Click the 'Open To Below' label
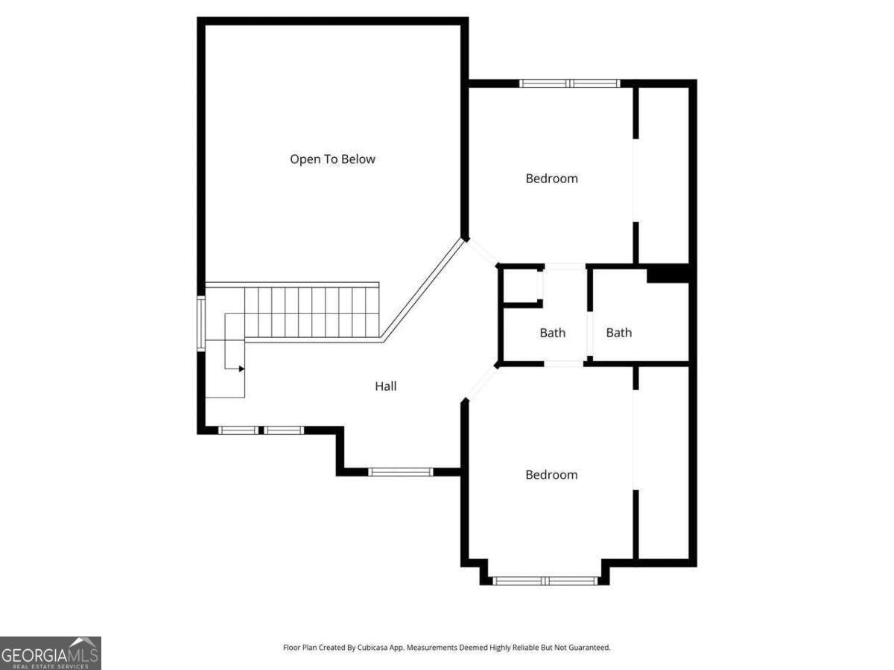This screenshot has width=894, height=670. pyautogui.click(x=332, y=159)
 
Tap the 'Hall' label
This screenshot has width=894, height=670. pyautogui.click(x=385, y=386)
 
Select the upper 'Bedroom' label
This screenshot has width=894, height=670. pyautogui.click(x=551, y=178)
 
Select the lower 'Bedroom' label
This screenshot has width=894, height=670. pyautogui.click(x=551, y=474)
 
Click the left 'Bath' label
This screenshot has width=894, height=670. pyautogui.click(x=552, y=333)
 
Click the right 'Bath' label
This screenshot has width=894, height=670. pyautogui.click(x=618, y=333)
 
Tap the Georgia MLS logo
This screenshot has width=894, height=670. pyautogui.click(x=51, y=653)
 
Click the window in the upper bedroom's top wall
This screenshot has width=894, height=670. pyautogui.click(x=570, y=83)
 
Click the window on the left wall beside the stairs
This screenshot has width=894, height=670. pyautogui.click(x=200, y=322)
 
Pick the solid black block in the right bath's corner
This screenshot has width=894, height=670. pyautogui.click(x=668, y=274)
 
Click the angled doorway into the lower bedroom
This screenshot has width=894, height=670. pyautogui.click(x=481, y=383)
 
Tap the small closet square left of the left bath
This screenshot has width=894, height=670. pyautogui.click(x=519, y=285)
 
